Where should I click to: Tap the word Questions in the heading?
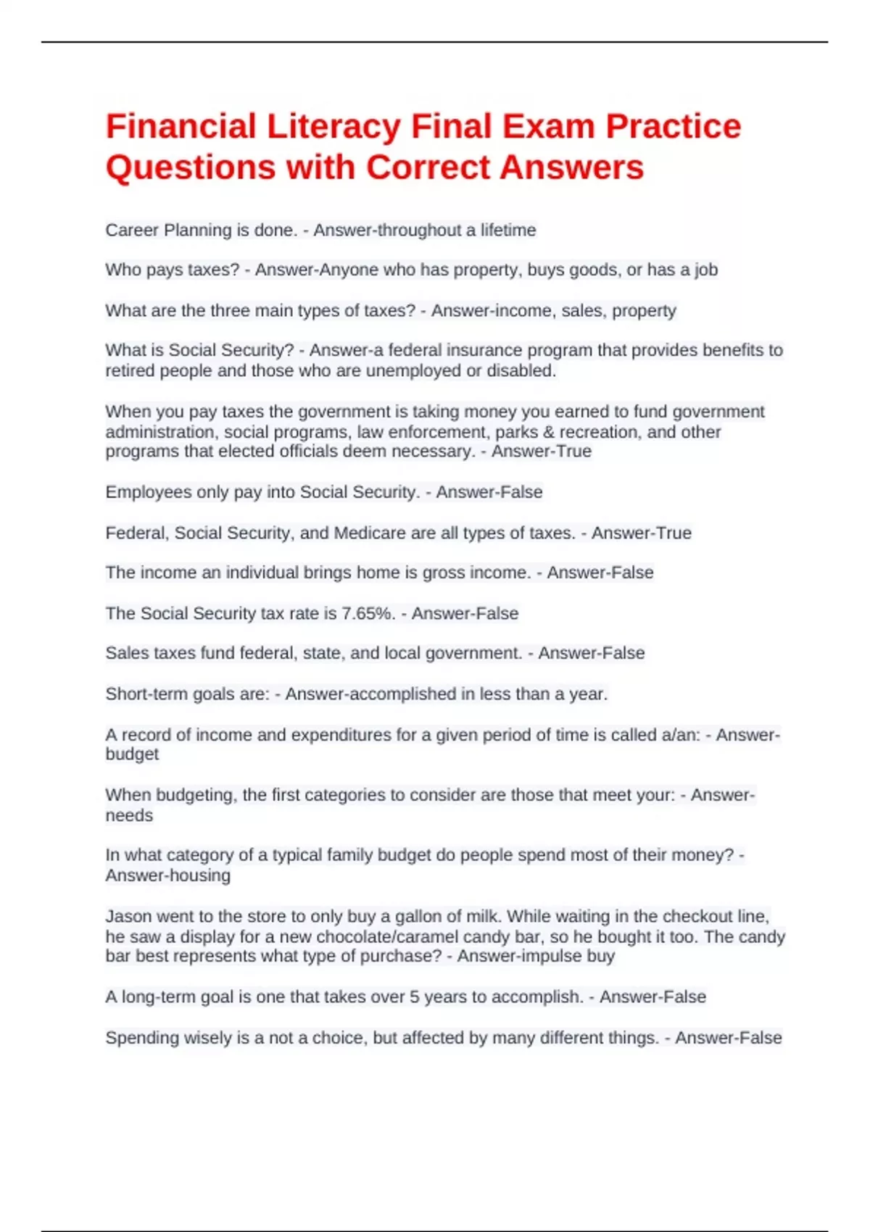(190, 167)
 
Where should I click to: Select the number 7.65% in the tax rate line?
(368, 614)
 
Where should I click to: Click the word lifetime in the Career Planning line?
(508, 230)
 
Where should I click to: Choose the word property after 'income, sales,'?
(644, 311)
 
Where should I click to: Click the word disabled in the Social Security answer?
(521, 371)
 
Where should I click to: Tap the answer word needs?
(129, 815)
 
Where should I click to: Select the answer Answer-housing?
(167, 875)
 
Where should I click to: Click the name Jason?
(128, 916)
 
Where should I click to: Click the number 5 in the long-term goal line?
(414, 997)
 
